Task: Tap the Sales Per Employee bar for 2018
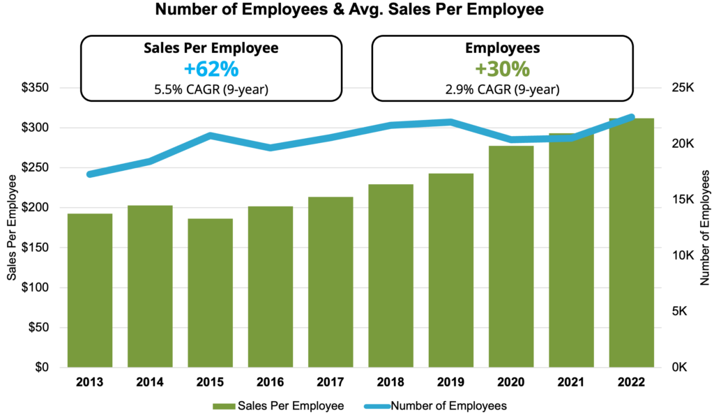pos(391,276)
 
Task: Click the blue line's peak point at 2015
pos(210,135)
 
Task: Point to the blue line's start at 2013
pos(90,174)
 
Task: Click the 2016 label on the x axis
pos(271,382)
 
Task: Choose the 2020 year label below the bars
pos(511,382)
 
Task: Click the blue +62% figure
pos(211,70)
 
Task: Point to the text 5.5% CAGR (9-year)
pos(211,89)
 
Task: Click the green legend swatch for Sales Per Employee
pos(225,405)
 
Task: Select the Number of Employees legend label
pos(448,405)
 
